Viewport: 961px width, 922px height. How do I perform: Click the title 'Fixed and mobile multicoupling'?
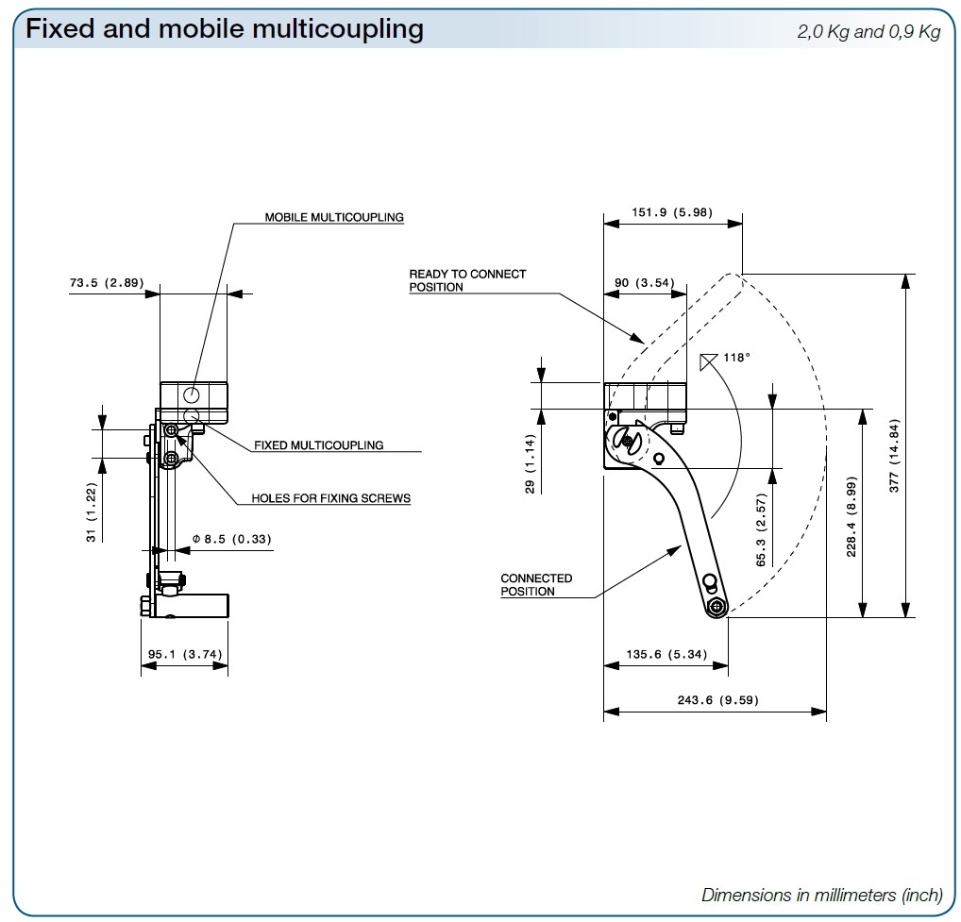225,29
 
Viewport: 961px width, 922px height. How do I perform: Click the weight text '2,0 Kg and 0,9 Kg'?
868,32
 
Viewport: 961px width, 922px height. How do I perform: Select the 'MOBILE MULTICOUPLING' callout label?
333,217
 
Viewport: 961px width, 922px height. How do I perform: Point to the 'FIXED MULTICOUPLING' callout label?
318,445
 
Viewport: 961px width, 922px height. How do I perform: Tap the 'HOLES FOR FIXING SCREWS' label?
330,498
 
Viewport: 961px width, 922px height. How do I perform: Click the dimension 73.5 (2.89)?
106,283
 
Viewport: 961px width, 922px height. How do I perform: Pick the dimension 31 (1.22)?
92,511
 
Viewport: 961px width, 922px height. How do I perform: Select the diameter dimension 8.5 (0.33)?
231,540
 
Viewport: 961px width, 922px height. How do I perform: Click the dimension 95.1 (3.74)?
185,653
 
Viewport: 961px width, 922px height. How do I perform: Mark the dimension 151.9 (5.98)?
672,212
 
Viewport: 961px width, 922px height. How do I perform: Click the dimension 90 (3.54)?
644,283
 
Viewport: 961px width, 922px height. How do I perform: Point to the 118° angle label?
736,358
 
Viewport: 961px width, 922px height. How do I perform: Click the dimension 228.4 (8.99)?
851,517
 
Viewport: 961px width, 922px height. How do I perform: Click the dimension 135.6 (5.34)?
666,653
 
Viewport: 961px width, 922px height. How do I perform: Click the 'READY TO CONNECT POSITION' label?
467,280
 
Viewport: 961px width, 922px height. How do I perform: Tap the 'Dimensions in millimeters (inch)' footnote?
821,895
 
